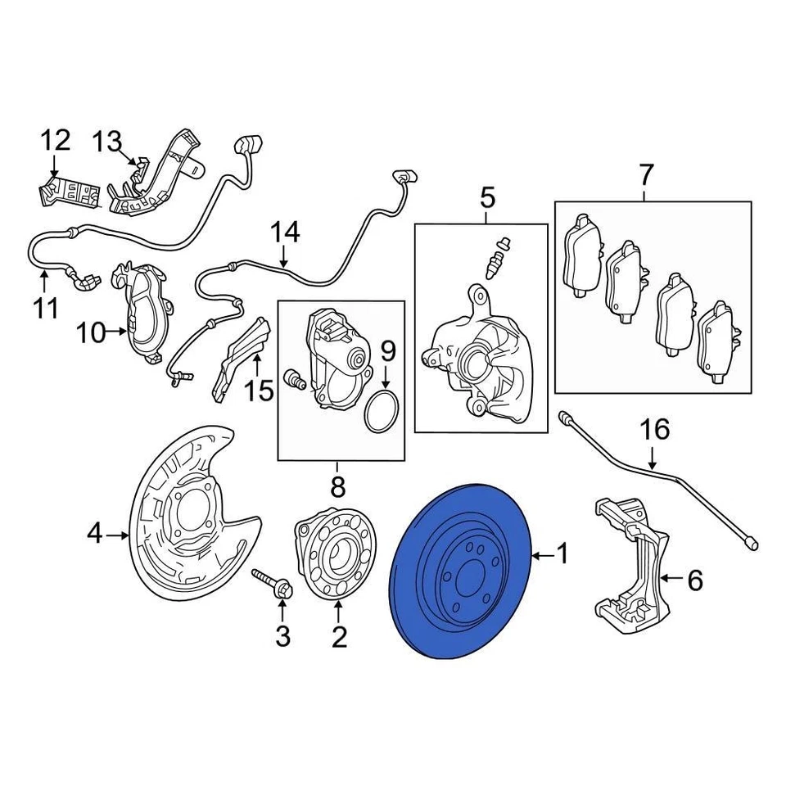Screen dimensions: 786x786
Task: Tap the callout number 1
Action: [x=562, y=556]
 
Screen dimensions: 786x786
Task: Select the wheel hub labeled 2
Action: [x=331, y=556]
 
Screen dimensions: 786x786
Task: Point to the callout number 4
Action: [x=96, y=535]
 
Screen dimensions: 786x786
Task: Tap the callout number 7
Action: [x=646, y=174]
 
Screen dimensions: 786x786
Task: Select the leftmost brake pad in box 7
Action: [x=582, y=255]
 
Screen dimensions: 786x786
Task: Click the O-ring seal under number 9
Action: [x=382, y=411]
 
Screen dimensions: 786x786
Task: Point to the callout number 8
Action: [x=337, y=489]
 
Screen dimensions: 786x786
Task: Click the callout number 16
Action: [x=654, y=429]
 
